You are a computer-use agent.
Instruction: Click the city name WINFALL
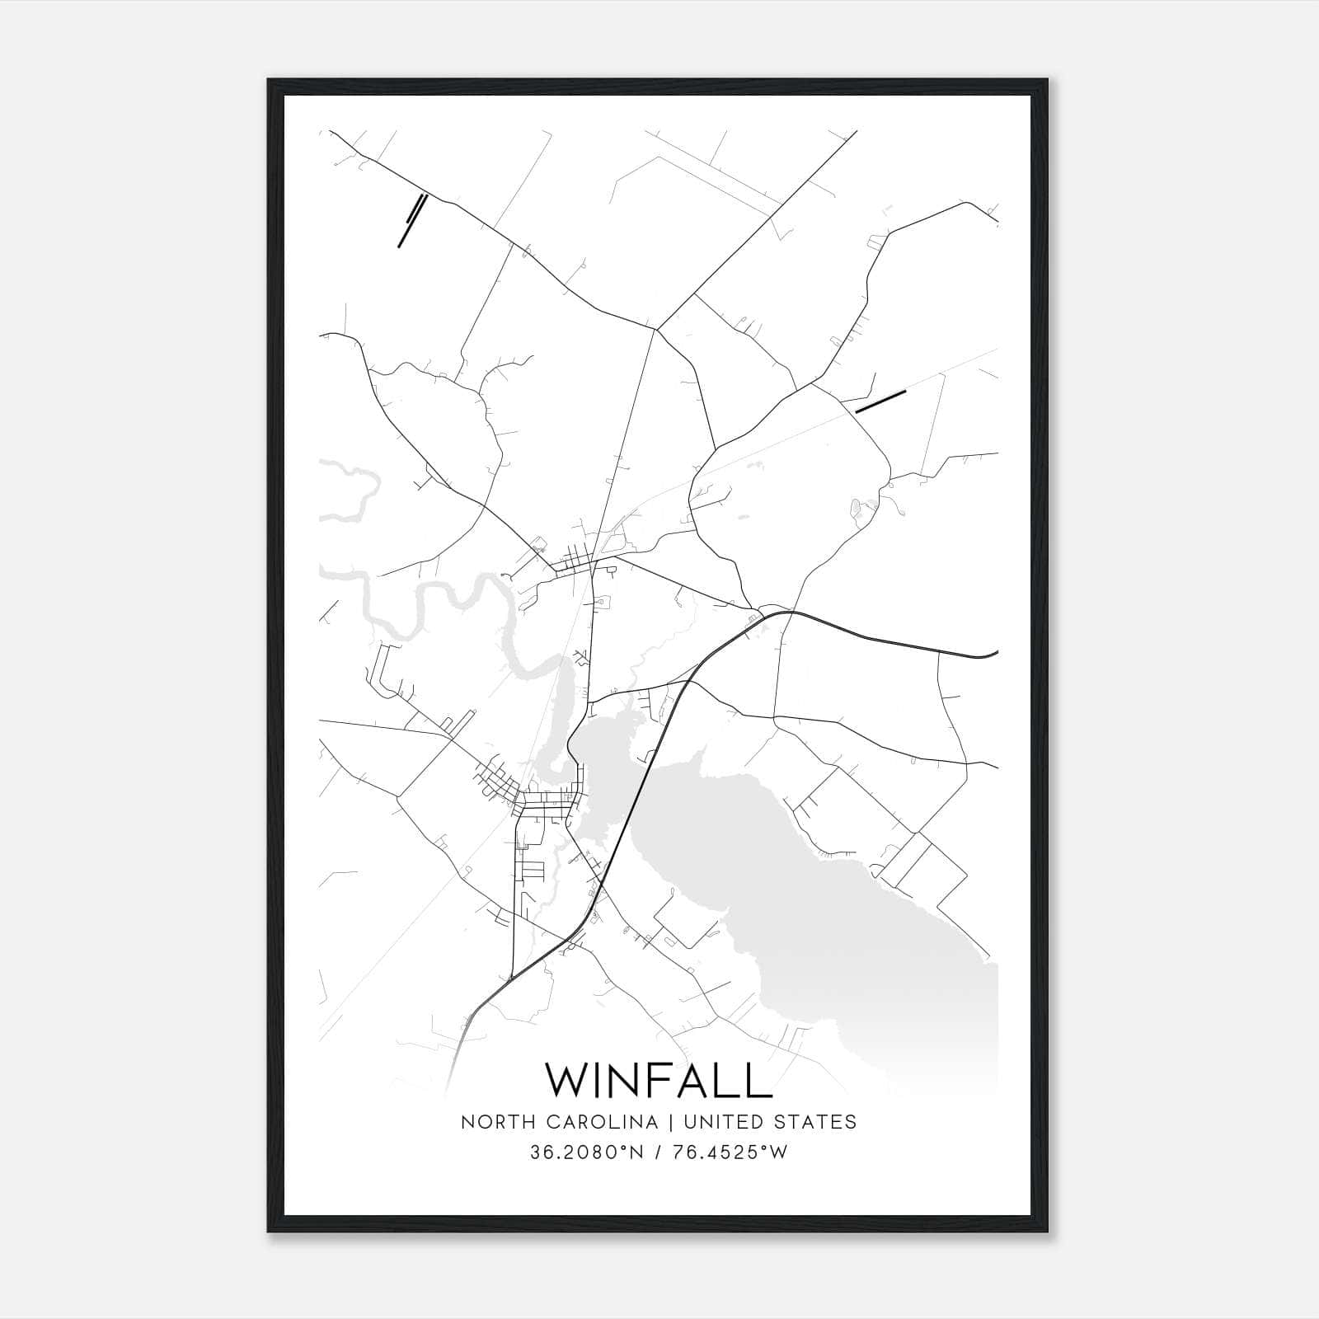coord(659,1080)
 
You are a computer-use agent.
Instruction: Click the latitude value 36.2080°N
coord(585,1152)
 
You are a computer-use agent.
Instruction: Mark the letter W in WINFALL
coord(570,1080)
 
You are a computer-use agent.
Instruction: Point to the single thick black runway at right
coord(880,401)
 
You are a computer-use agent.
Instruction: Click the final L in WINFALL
coord(759,1080)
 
